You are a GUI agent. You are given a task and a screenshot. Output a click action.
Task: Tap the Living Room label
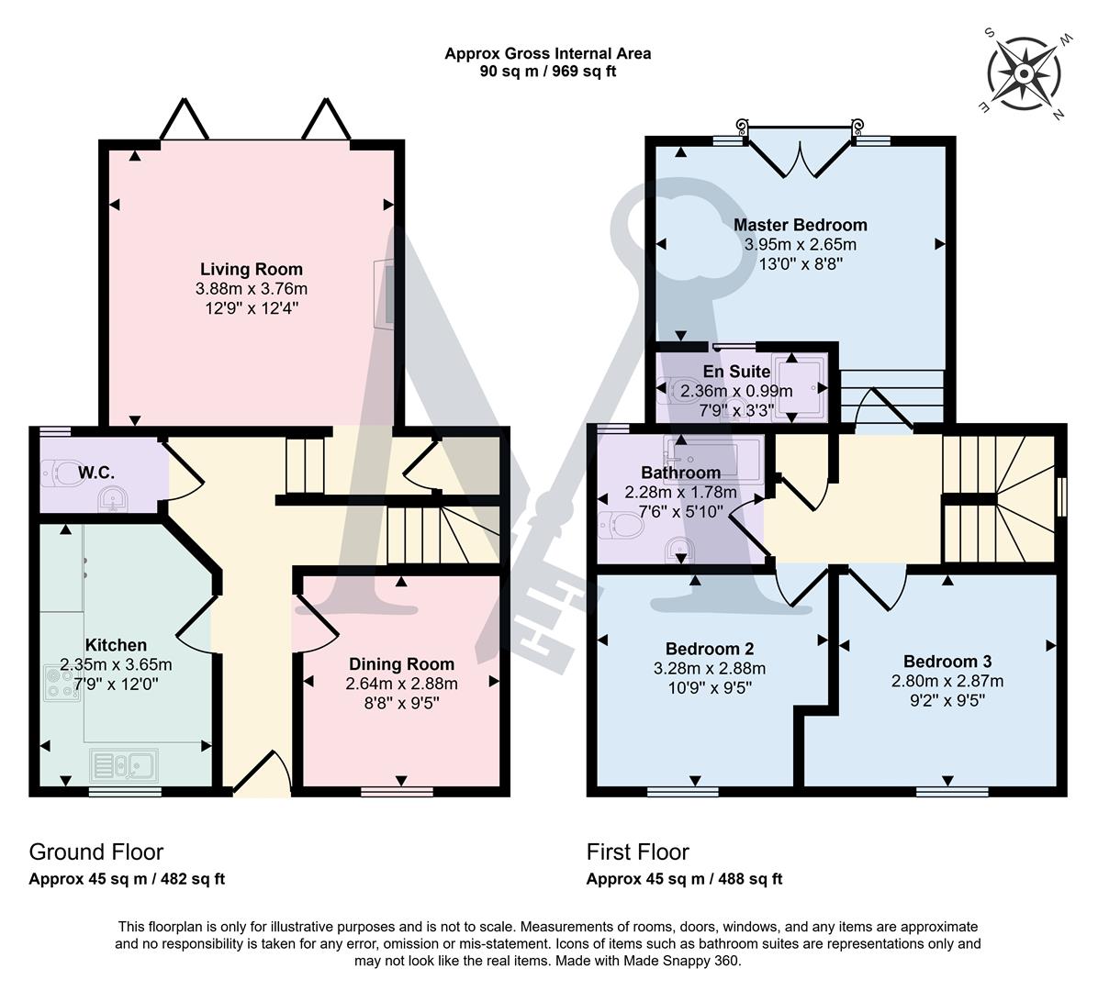251,269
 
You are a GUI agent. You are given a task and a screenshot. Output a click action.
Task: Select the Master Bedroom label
800,225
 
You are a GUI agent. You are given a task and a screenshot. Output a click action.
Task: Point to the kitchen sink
124,763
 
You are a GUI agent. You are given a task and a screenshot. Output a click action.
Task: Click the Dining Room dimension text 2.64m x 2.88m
401,684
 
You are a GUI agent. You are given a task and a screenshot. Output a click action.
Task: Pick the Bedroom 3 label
947,662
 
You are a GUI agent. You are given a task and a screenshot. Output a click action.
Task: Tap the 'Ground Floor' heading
96,852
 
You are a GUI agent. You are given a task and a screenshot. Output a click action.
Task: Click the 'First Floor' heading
637,852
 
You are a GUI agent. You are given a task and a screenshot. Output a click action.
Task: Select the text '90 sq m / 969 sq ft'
547,71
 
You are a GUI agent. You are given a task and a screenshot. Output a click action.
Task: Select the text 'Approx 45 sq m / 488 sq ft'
684,879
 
